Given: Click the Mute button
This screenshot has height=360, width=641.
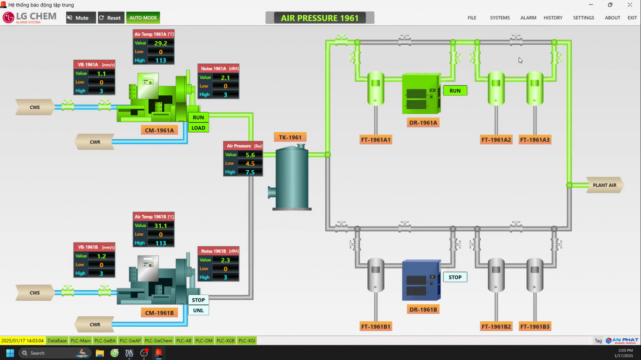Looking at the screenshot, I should point(81,18).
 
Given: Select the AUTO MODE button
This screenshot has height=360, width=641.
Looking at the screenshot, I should point(143,18).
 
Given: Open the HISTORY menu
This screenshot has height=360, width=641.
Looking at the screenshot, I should point(553,18).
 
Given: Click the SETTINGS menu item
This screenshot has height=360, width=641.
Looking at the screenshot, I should point(583,18).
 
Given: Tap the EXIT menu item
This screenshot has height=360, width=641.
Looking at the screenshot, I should point(632,18).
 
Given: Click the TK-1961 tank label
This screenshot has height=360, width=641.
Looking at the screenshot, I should point(290,138).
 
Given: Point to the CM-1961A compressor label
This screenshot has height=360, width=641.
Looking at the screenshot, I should point(159,130).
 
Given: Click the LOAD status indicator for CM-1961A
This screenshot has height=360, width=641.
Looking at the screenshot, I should point(198,128).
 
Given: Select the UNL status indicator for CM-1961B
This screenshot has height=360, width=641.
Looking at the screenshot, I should point(198,310).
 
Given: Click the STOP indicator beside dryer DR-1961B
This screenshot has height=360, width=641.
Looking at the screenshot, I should point(455,277).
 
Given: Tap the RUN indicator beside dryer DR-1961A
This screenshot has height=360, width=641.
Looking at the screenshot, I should point(455,91).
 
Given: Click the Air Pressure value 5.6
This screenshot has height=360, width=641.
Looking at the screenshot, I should point(250,155).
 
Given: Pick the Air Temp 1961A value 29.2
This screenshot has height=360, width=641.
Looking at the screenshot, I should point(160,43).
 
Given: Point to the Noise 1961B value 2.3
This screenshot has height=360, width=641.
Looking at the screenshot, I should point(225,260).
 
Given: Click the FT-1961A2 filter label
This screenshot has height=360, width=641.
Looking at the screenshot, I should point(496,140).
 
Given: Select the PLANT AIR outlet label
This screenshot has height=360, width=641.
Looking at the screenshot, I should point(604,185).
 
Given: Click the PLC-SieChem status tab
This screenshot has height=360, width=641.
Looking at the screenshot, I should point(158,341).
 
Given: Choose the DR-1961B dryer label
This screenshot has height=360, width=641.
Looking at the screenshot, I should point(423,309).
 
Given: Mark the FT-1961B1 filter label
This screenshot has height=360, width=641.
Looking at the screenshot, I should point(376,326).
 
